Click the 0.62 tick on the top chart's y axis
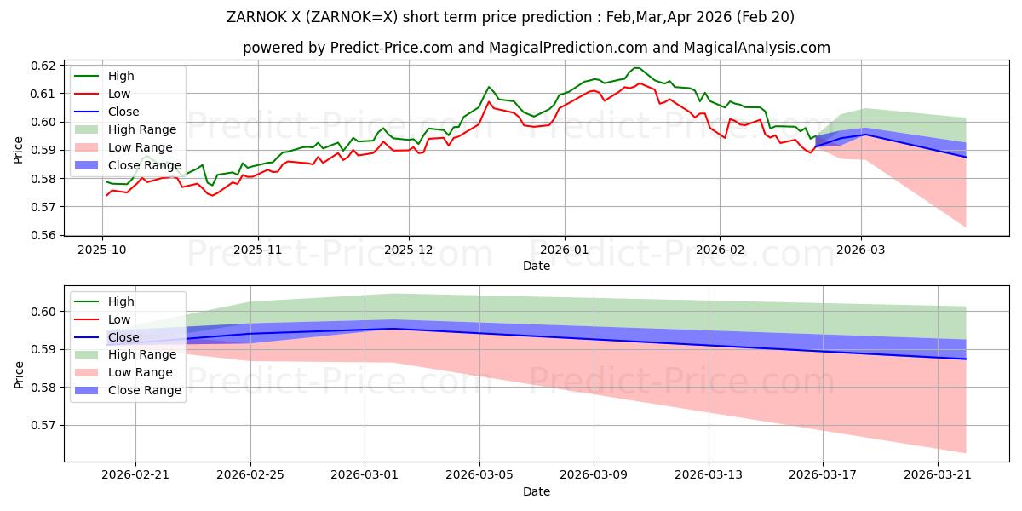(x=43, y=66)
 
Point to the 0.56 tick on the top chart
(x=43, y=235)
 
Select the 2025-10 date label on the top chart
(x=101, y=250)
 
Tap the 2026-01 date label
(x=565, y=250)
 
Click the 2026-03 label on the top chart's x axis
(x=861, y=250)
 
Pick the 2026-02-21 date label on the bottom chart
(x=135, y=475)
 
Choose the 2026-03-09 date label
(x=594, y=475)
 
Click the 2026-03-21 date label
(x=937, y=475)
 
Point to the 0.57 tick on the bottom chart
(x=43, y=426)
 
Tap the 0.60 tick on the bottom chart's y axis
(x=43, y=312)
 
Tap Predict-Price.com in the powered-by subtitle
(x=392, y=48)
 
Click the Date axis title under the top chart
(x=537, y=266)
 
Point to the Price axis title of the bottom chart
(x=19, y=375)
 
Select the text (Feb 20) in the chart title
(x=765, y=17)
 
